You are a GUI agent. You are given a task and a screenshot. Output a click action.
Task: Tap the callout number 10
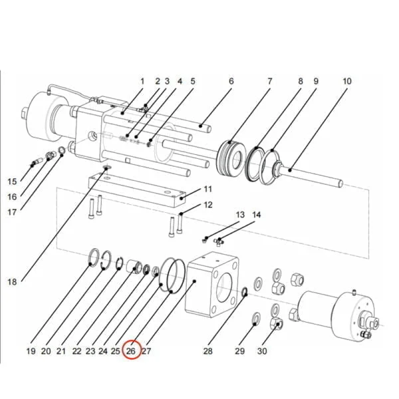click(347, 81)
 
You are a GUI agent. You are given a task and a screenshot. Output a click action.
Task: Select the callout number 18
click(12, 282)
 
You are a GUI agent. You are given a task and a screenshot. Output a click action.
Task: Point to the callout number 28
click(207, 351)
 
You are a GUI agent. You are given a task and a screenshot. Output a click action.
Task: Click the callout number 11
click(207, 189)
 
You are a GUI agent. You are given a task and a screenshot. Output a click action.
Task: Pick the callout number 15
click(12, 182)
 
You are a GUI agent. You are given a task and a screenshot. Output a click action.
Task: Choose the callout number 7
click(270, 81)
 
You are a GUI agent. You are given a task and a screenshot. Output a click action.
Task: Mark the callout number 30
click(262, 351)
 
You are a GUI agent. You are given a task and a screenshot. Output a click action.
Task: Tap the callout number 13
click(240, 215)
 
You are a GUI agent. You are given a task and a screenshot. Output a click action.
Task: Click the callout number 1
click(142, 81)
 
